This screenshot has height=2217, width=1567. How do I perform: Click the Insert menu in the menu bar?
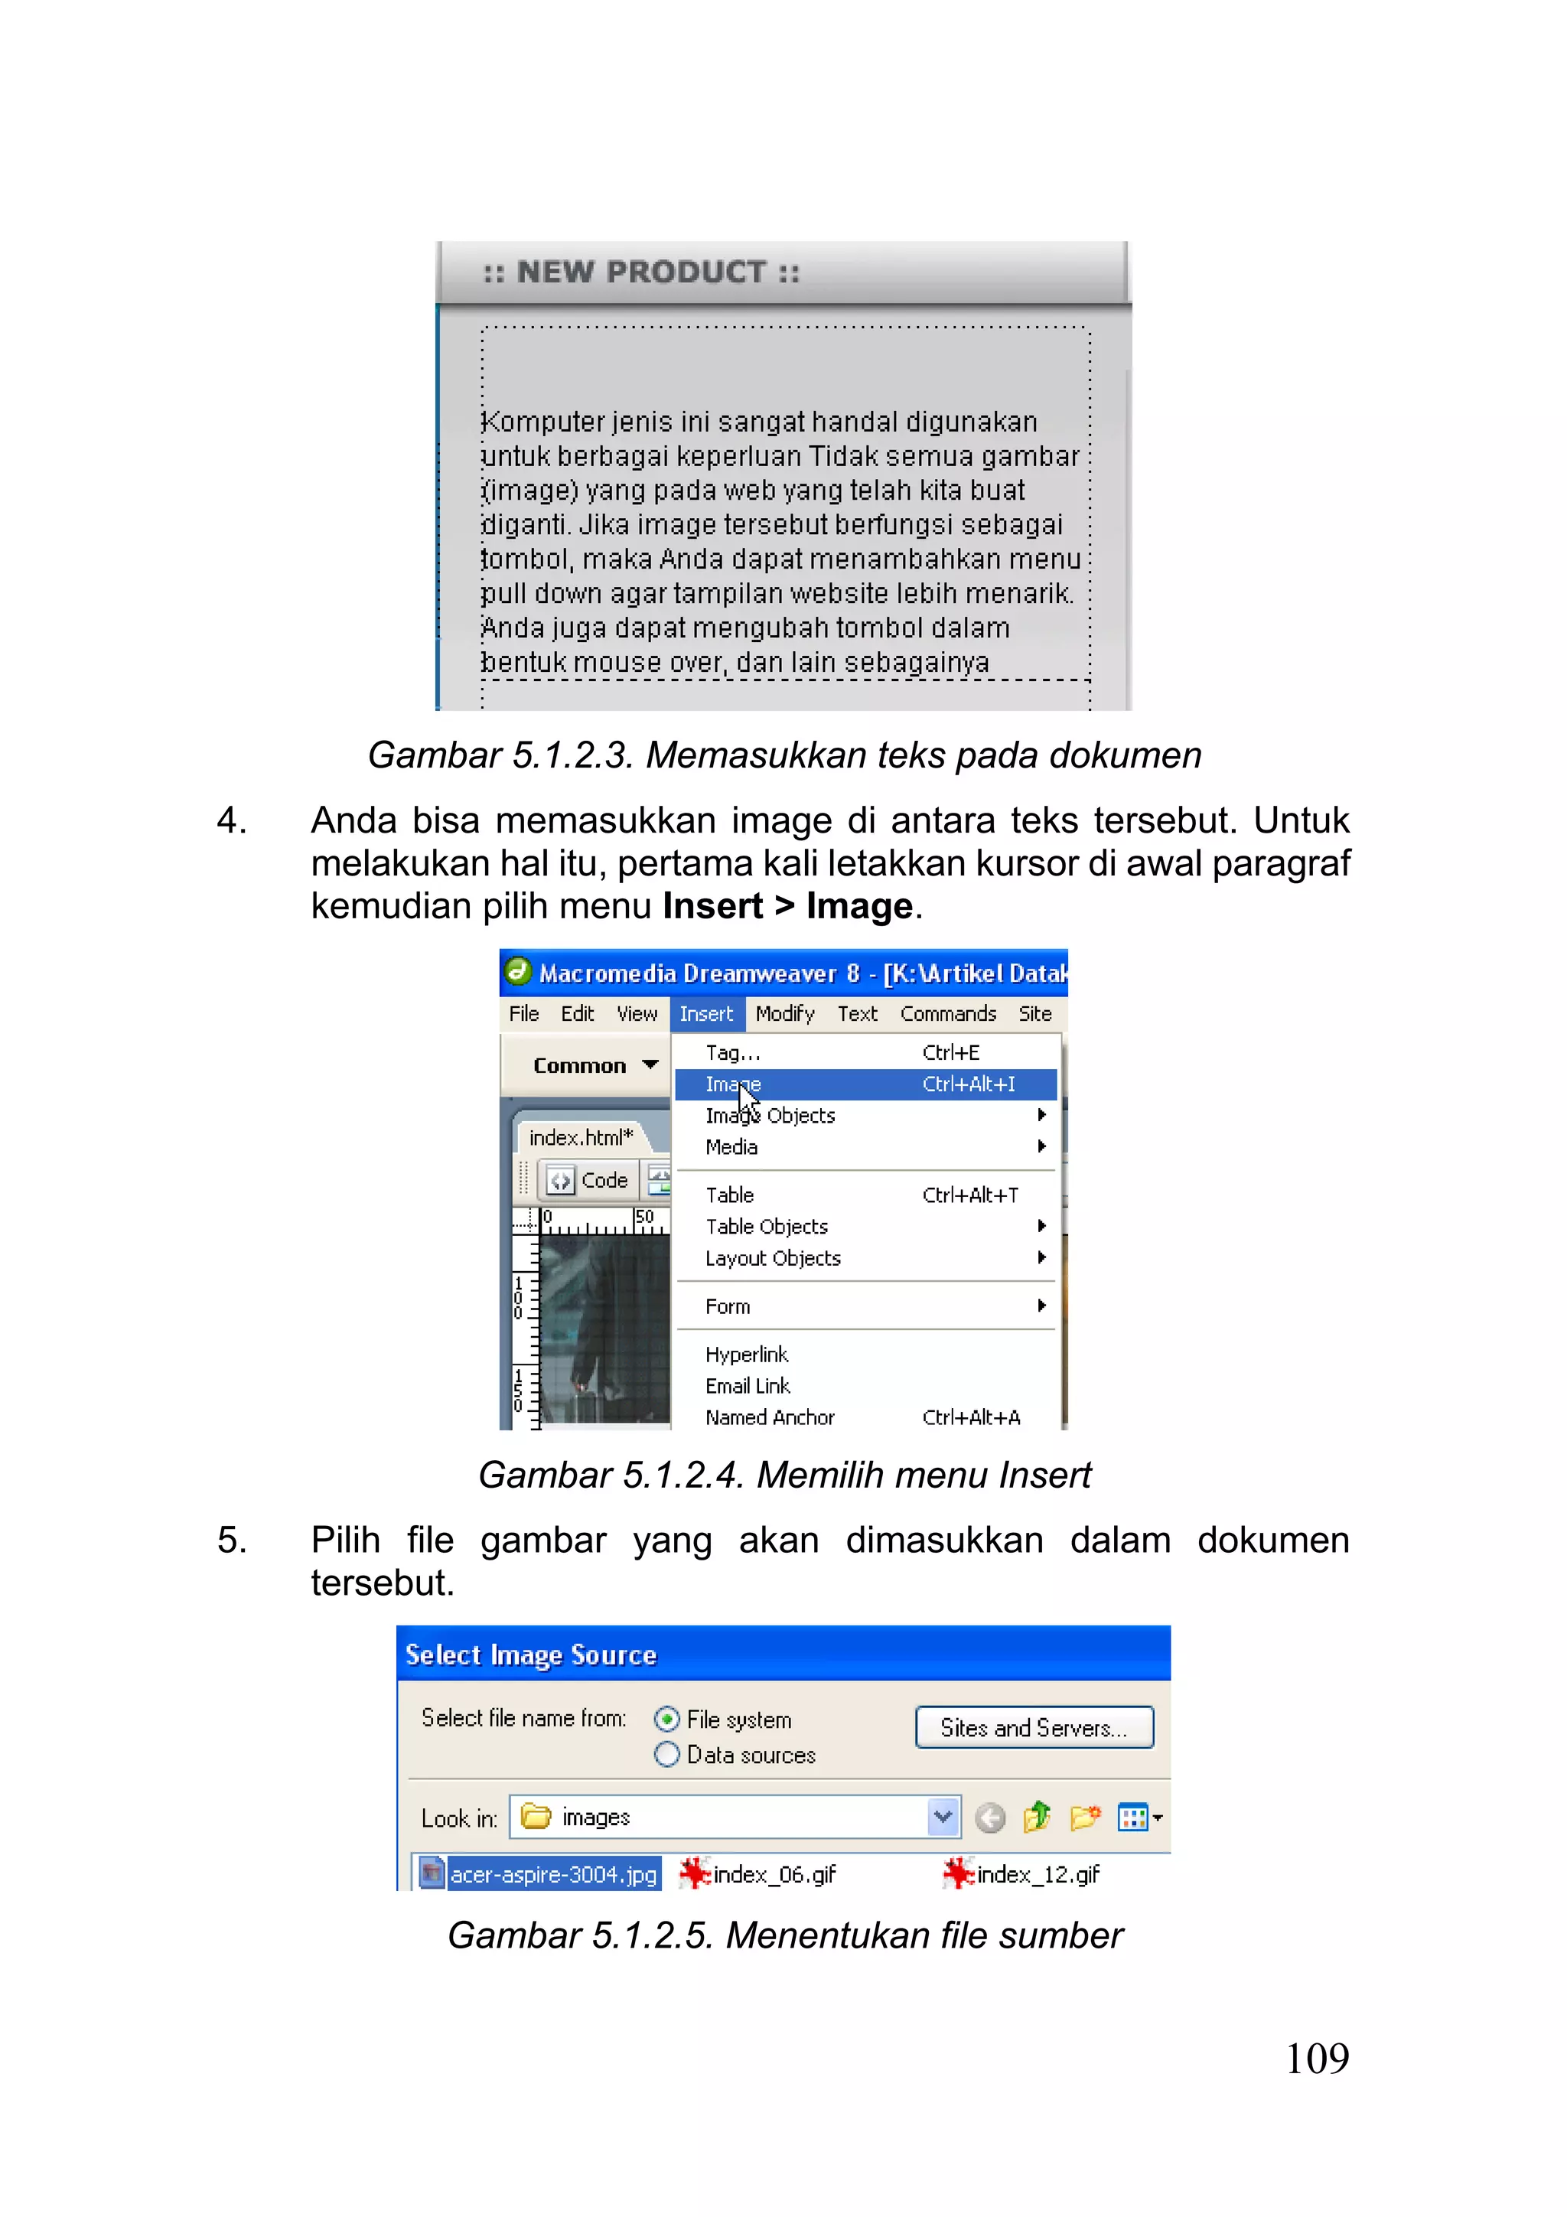pyautogui.click(x=705, y=1014)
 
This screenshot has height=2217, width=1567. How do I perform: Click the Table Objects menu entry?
pyautogui.click(x=767, y=1226)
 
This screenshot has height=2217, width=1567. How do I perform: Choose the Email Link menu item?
pyautogui.click(x=748, y=1386)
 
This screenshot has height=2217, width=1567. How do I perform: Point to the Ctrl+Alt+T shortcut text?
pyautogui.click(x=969, y=1195)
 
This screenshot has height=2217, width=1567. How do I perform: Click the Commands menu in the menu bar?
pyautogui.click(x=947, y=1014)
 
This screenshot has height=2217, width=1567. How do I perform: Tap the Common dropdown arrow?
pyautogui.click(x=650, y=1065)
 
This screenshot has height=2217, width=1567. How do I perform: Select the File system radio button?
pyautogui.click(x=666, y=1719)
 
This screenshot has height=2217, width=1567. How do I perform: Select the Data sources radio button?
pyautogui.click(x=666, y=1755)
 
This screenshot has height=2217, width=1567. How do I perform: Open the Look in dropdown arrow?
pyautogui.click(x=943, y=1818)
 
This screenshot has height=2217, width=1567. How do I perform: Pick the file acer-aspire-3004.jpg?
pyautogui.click(x=552, y=1874)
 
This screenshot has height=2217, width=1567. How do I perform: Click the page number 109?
pyautogui.click(x=1316, y=2059)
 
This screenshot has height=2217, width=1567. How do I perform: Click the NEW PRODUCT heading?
pyautogui.click(x=641, y=272)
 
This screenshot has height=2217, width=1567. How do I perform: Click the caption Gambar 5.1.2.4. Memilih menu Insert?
pyautogui.click(x=784, y=1475)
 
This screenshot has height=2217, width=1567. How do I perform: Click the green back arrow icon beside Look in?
pyautogui.click(x=989, y=1818)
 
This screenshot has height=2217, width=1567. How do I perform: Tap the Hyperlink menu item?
pyautogui.click(x=746, y=1354)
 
